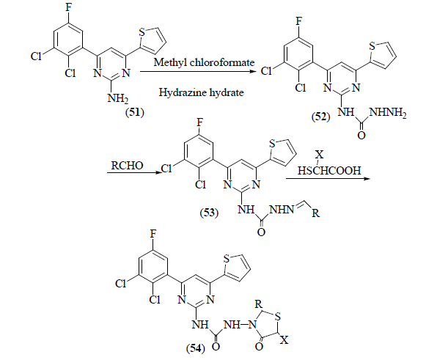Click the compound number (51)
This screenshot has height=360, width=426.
134,112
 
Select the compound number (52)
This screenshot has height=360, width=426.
321,117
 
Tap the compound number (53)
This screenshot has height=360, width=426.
209,213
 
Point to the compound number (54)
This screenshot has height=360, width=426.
196,348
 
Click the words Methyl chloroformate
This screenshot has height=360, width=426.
204,62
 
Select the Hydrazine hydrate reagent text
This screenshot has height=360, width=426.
202,92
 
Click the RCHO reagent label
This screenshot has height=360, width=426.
127,166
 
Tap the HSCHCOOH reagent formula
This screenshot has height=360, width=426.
329,171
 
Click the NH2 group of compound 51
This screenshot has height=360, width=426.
117,98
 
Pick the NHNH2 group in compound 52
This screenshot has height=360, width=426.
388,112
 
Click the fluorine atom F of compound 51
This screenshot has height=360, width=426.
68,7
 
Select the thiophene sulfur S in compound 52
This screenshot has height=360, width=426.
372,46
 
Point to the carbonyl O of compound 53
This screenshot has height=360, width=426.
261,232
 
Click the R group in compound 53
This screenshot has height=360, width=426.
316,213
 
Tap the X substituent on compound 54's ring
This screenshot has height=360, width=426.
284,340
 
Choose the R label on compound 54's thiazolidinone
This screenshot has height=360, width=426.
258,304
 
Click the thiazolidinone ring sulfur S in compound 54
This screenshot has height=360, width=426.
278,317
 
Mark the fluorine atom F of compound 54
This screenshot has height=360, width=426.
153,234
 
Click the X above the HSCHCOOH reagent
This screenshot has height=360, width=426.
320,155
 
